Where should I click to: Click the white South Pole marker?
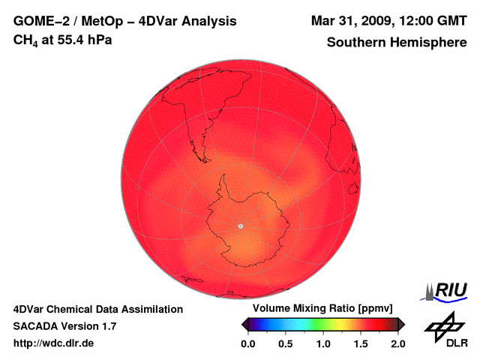coord(241,226)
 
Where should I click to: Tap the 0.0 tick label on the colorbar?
coord(247,343)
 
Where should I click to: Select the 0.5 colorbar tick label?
coord(285,343)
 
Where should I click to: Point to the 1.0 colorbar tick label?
coord(323,343)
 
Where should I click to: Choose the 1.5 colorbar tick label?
coord(361,343)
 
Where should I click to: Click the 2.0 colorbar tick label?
coord(398,343)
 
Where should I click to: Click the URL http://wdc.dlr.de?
coord(54,343)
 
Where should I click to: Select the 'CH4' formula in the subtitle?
coord(25,40)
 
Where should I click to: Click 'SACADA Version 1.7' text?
coord(64,326)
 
